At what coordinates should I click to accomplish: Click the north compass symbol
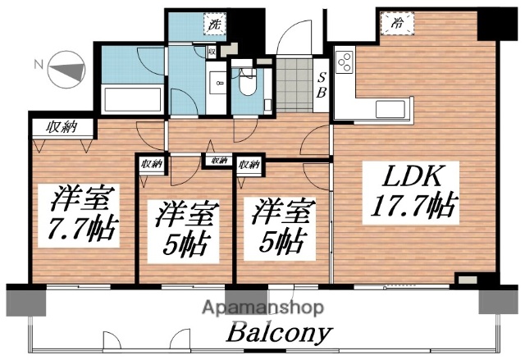point(66,71)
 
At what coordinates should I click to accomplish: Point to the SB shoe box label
point(322,85)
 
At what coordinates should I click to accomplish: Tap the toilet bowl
point(246,84)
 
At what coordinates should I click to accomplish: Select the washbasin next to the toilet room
point(217,83)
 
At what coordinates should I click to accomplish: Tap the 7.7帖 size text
point(83,227)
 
